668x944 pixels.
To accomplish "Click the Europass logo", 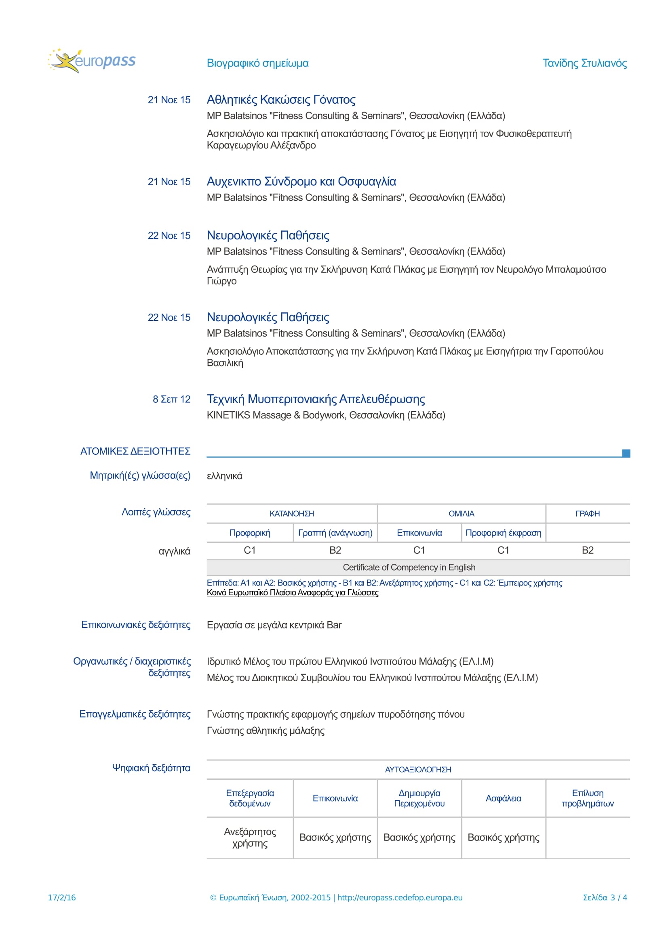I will click(x=92, y=61).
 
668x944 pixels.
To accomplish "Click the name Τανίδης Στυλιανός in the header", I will click(x=584, y=63).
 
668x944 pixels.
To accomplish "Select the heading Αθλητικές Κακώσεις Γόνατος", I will click(x=281, y=100).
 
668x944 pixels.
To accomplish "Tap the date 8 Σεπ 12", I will click(x=171, y=399).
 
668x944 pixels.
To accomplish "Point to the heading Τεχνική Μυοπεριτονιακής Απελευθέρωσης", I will click(x=316, y=399).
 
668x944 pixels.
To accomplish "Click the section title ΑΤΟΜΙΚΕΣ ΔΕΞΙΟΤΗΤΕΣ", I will click(x=135, y=452).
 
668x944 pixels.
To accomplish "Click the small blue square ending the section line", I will click(x=626, y=453).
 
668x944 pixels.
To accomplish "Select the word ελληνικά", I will click(x=224, y=476).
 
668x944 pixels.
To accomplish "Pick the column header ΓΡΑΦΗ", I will click(x=587, y=513).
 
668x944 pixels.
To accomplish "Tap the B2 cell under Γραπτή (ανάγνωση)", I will click(x=335, y=550).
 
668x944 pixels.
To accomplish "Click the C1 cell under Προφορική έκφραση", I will click(x=503, y=550).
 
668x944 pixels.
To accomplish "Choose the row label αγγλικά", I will click(x=175, y=551).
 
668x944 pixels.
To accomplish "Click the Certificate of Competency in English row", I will click(x=409, y=567).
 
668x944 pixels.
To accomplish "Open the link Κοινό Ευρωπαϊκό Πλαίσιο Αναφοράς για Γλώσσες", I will click(x=292, y=592).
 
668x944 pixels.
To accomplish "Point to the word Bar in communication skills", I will click(x=334, y=625).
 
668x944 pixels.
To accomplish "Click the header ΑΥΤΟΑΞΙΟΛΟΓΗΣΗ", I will click(x=418, y=770).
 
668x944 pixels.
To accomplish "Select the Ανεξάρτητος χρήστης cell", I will click(x=250, y=837).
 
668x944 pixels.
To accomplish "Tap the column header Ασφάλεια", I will click(x=503, y=798).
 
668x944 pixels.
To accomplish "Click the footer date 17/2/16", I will click(x=62, y=898).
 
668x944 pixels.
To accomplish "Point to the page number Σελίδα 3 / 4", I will click(x=605, y=898).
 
